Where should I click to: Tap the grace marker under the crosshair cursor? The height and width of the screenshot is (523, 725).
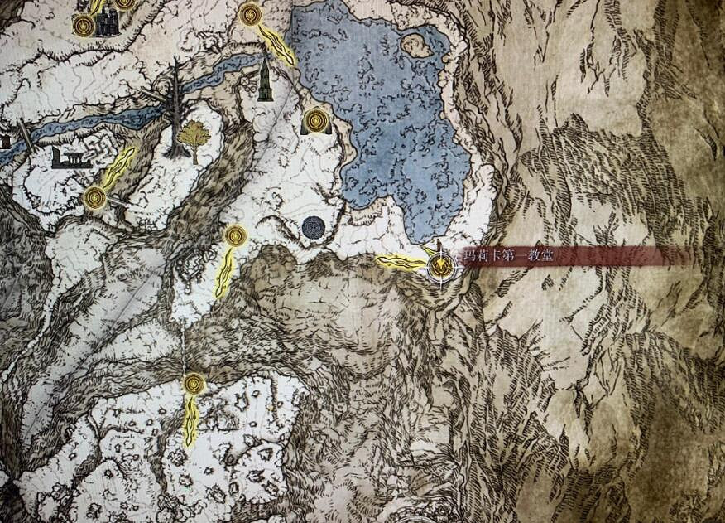[442, 267]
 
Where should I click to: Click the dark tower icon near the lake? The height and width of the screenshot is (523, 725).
[265, 80]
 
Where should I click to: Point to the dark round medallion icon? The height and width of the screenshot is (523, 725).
[313, 227]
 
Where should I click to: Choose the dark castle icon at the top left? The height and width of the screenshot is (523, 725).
[107, 23]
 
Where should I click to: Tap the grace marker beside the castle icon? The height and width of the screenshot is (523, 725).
[84, 25]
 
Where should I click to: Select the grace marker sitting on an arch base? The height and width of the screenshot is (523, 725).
[316, 121]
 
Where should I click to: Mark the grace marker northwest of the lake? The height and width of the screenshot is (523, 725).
[250, 14]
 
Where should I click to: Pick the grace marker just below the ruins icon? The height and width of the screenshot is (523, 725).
[95, 197]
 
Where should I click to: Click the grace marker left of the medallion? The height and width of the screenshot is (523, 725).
[236, 236]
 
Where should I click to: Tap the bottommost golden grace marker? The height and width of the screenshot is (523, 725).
[194, 384]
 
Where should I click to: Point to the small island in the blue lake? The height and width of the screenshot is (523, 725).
[417, 45]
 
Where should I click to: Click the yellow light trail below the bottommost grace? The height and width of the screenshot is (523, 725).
[191, 420]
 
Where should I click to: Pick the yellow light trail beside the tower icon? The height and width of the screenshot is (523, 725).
[276, 45]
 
